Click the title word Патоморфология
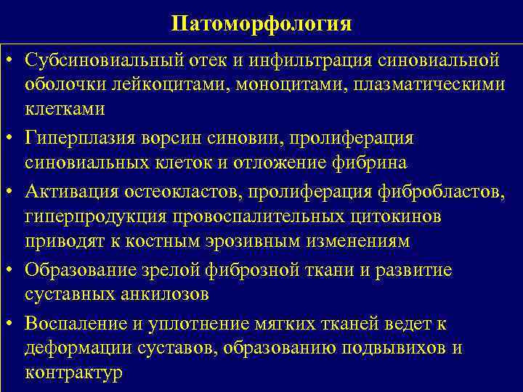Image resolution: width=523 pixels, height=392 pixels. tap(261, 24)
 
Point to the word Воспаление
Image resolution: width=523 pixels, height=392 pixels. tap(69, 322)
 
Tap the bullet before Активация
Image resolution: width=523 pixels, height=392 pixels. tap(12, 190)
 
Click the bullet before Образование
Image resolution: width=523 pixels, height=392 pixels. tap(12, 269)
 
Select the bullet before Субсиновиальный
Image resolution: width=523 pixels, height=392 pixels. tap(12, 57)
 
